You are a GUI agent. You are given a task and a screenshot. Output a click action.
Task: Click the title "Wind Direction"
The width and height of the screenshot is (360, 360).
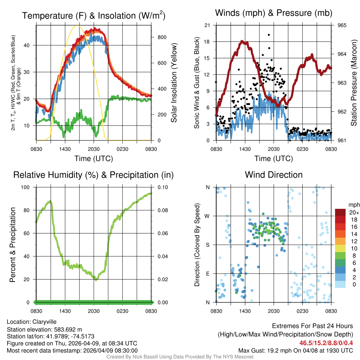(x=274, y=175)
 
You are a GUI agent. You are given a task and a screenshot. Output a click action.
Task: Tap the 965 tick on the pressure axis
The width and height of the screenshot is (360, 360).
(x=342, y=25)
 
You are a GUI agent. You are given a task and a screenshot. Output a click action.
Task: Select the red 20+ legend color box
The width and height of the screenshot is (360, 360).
(x=340, y=212)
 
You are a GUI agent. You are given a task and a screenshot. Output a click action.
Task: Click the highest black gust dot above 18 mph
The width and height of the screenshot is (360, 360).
(x=269, y=35)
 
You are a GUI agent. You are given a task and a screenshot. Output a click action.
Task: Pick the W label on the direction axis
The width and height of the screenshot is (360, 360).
(x=208, y=216)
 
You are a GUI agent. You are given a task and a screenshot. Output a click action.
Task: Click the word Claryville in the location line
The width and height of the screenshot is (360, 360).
(x=44, y=322)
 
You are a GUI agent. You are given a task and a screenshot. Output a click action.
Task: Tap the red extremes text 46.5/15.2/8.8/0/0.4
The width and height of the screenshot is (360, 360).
(x=326, y=343)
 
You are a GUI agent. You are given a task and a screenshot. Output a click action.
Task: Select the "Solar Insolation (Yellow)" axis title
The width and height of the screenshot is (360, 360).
(x=174, y=83)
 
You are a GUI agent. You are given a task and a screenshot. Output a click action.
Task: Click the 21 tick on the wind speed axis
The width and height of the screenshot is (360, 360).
(x=207, y=25)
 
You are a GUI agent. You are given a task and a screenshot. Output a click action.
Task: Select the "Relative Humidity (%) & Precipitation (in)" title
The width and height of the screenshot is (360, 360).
(x=94, y=175)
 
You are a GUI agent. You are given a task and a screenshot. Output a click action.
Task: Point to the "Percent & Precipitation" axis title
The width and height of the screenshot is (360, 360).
(x=13, y=245)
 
